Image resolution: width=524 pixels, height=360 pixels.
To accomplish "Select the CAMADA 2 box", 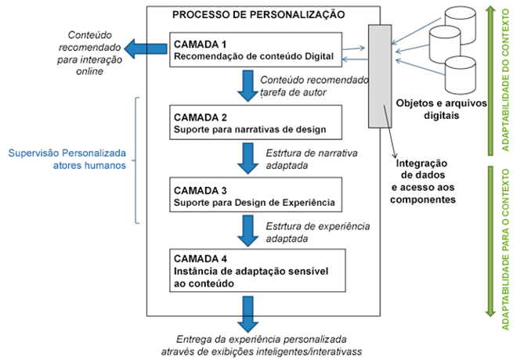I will point(256,123).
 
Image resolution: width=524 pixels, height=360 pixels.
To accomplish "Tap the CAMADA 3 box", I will point(256,196).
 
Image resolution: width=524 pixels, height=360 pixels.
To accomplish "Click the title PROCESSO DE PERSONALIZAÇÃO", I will point(258,14).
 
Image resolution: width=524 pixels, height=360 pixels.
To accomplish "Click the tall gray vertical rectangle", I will point(381,75).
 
